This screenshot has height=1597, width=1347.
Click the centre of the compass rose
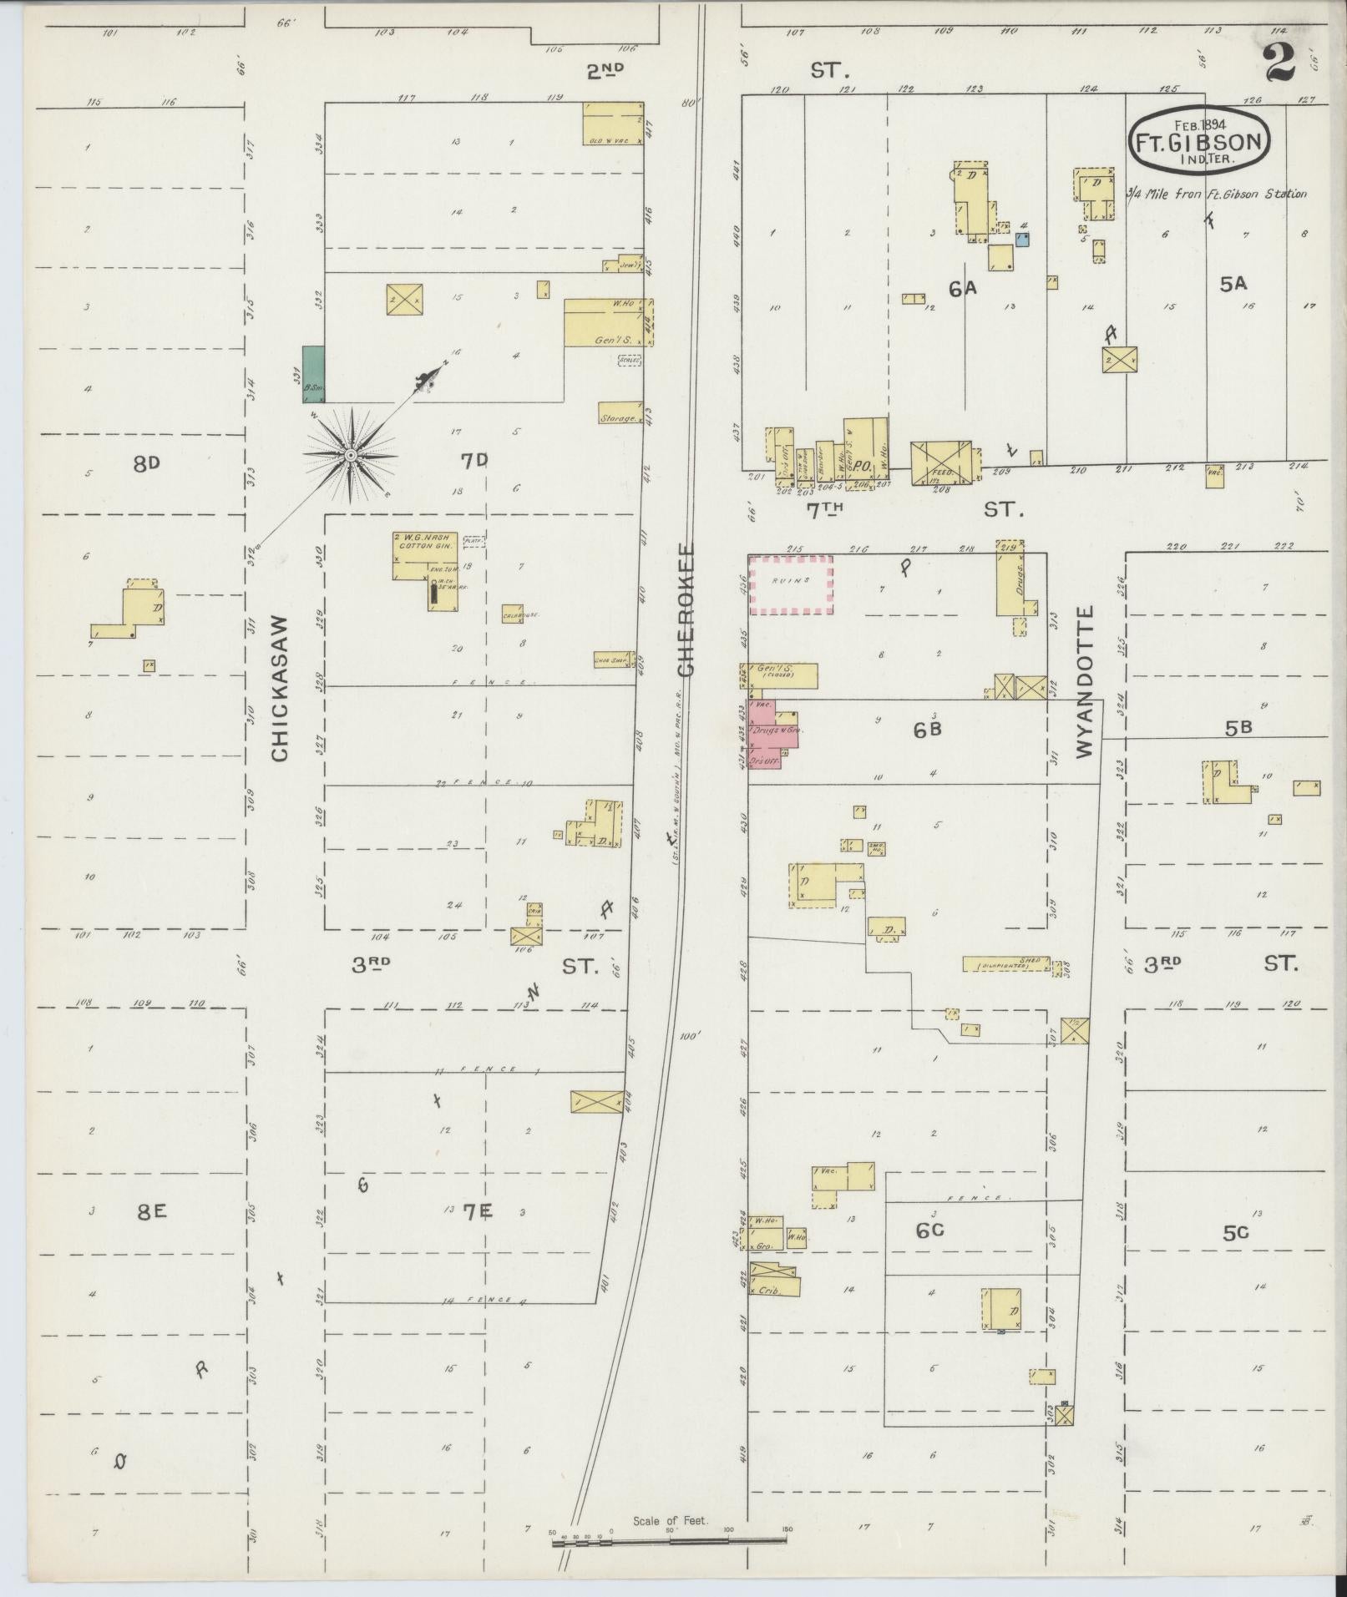pyautogui.click(x=351, y=455)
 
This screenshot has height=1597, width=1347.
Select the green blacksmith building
pyautogui.click(x=313, y=373)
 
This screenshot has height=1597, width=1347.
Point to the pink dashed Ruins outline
pyautogui.click(x=790, y=584)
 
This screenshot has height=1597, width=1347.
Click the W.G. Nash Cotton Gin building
pyautogui.click(x=422, y=557)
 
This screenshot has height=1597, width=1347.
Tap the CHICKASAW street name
pyautogui.click(x=278, y=689)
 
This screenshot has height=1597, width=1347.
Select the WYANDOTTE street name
pyautogui.click(x=1084, y=682)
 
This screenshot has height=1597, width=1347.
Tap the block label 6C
pyautogui.click(x=928, y=1231)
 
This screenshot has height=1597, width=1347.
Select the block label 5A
pyautogui.click(x=1233, y=284)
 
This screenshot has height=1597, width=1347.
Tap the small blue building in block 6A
pyautogui.click(x=1021, y=239)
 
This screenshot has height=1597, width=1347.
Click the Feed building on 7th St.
pyautogui.click(x=944, y=463)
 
